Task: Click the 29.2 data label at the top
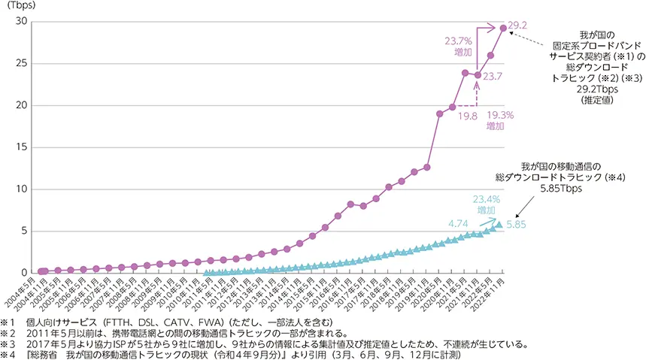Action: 519,25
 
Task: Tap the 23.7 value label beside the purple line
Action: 493,77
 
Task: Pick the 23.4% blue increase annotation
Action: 486,205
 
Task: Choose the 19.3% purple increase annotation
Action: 499,123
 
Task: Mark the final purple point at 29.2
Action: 503,28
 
